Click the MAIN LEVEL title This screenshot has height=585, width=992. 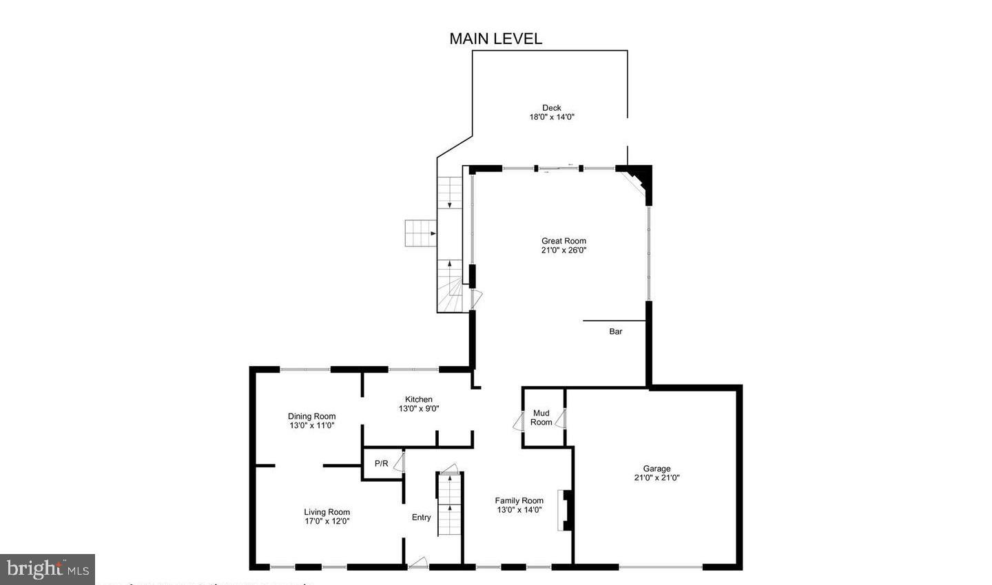tap(495, 39)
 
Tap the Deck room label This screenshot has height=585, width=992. tap(551, 107)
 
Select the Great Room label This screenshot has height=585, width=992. tap(564, 241)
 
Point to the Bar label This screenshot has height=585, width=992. tap(615, 332)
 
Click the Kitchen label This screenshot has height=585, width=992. tap(418, 399)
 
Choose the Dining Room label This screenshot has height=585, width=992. tap(311, 416)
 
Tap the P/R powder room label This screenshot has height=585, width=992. tap(381, 463)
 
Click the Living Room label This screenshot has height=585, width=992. tap(327, 512)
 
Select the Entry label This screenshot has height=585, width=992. tap(421, 518)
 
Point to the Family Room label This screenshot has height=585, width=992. tap(519, 501)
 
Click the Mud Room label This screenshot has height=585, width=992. tap(541, 418)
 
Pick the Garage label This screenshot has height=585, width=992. tap(657, 469)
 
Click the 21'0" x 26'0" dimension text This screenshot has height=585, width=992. tap(564, 251)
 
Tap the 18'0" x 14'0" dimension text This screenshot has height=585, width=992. tap(551, 117)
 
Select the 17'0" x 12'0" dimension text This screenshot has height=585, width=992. tap(327, 522)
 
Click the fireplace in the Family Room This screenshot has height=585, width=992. tap(564, 510)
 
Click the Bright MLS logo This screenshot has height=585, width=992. tap(47, 569)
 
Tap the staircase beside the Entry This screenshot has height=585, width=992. tap(448, 504)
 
